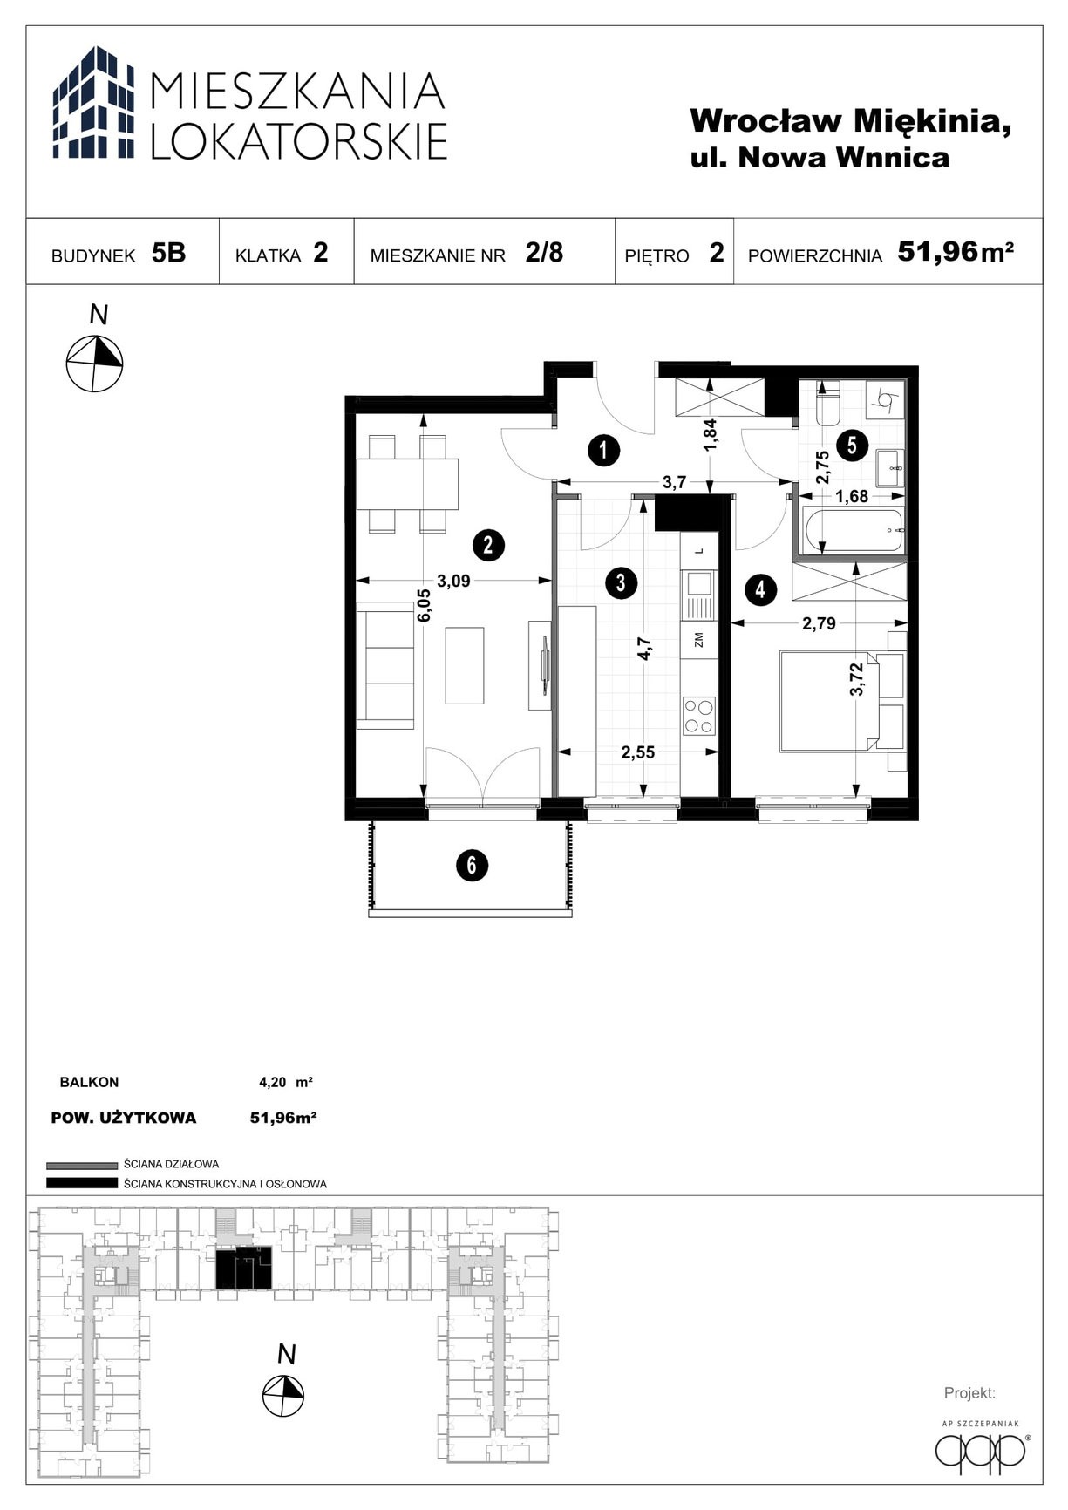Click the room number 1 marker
point(603,451)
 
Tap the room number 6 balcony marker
point(472,865)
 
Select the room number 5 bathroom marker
point(852,446)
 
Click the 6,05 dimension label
point(424,604)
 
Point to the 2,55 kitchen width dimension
point(637,752)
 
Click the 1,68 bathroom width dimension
point(852,496)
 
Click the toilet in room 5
point(827,403)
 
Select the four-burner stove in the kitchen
point(698,716)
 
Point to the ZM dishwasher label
point(698,641)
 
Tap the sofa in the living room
point(385,670)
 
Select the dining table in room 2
point(407,484)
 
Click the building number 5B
point(168,253)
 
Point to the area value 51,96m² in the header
point(956,252)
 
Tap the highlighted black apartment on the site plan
point(243,1268)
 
